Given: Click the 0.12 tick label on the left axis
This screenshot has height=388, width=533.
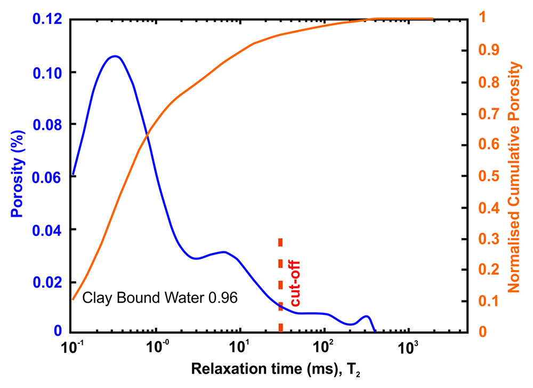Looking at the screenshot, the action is tap(47, 19).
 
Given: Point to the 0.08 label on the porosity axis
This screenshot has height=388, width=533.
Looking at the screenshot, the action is tap(47, 125).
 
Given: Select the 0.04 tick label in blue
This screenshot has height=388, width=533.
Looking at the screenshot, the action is tap(47, 231).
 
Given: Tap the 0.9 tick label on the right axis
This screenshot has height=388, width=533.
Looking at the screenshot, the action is tap(489, 50).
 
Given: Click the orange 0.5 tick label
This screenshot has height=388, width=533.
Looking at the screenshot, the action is tap(489, 176).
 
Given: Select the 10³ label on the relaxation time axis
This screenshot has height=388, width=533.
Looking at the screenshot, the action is tap(407, 347).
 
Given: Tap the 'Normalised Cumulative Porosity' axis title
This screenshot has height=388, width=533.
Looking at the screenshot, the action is tap(514, 177).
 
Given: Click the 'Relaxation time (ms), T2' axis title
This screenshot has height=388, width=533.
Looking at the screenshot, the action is tap(276, 370).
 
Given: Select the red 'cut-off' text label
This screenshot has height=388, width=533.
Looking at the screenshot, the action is tap(295, 283).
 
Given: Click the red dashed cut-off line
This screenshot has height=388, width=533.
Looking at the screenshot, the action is tap(280, 285).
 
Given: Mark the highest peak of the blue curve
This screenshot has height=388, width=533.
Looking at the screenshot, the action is tap(115, 56).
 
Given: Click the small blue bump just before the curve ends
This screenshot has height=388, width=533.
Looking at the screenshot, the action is tap(366, 316).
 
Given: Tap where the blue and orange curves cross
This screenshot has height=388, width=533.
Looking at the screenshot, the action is tap(148, 136).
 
